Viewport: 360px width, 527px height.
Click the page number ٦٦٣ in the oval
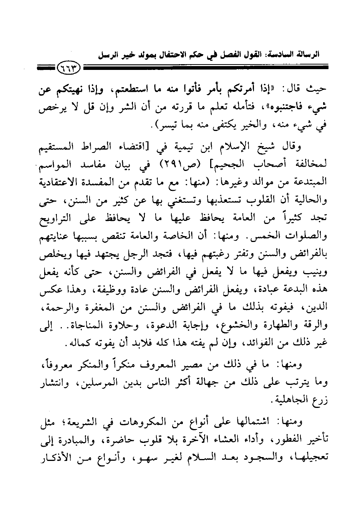click(70, 70)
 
